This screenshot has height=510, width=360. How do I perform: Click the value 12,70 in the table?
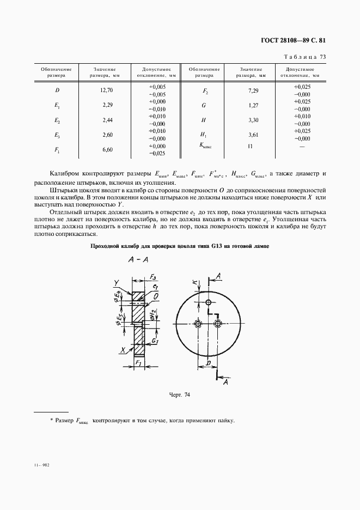[x=106, y=90]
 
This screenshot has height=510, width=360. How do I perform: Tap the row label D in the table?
[x=57, y=90]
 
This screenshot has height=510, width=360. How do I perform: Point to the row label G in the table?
[x=203, y=105]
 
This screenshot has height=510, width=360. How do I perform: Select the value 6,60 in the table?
[x=106, y=149]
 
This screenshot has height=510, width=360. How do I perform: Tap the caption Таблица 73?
[x=306, y=57]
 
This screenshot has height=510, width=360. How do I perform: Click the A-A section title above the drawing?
[x=139, y=260]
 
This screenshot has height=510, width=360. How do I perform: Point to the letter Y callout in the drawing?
[x=117, y=282]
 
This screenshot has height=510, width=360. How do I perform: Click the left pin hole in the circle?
[x=198, y=324]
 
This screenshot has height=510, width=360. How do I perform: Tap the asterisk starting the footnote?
[x=51, y=421]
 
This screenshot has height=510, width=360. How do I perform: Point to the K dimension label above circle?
[x=195, y=283]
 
